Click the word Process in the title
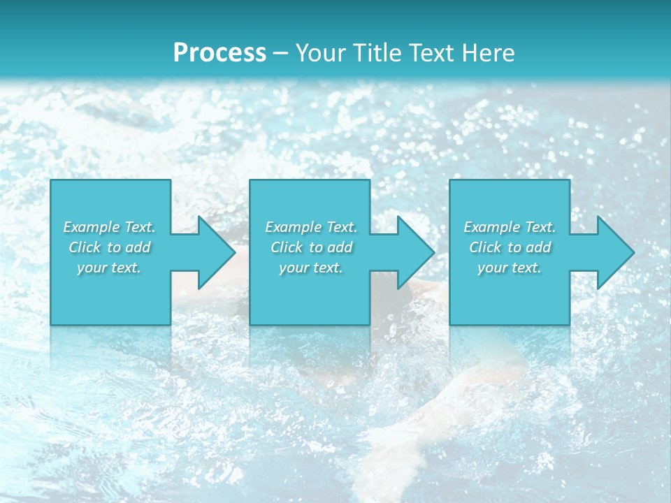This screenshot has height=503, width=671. click(x=219, y=53)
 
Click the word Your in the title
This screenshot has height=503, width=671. click(x=319, y=53)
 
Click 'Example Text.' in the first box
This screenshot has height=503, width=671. click(x=110, y=227)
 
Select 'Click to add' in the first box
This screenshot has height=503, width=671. click(x=110, y=247)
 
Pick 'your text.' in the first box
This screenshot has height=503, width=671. click(x=110, y=268)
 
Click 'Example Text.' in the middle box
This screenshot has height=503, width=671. click(x=311, y=227)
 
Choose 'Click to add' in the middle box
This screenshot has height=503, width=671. click(x=311, y=247)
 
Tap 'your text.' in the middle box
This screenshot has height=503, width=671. click(x=311, y=268)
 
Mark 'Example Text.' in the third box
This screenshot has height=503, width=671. click(x=510, y=227)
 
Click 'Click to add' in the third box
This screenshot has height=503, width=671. click(x=510, y=247)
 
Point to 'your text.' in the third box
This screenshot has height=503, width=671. click(x=510, y=268)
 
